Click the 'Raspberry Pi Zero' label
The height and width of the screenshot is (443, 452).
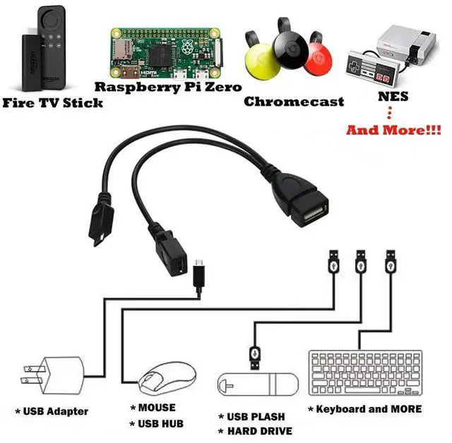coord(168,87)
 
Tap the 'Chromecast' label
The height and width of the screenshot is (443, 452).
coord(294,102)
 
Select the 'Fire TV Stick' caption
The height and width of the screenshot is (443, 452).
coord(54,103)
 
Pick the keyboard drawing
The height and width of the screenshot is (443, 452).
coord(364,371)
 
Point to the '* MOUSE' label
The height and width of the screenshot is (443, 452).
coord(153,408)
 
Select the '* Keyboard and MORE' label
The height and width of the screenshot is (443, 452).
coord(364,409)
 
